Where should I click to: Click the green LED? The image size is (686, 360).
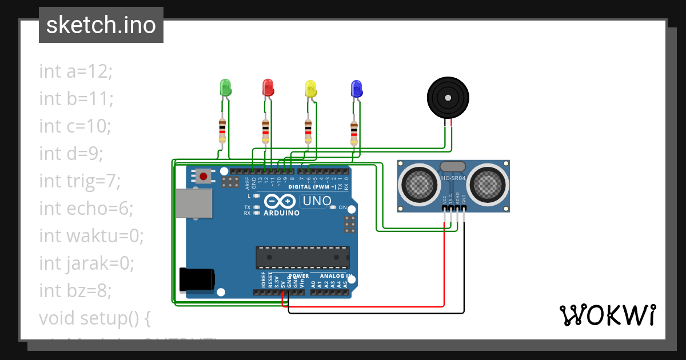tap(225, 87)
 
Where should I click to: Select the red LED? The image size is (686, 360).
tap(268, 87)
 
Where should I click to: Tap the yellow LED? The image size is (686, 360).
tap(310, 88)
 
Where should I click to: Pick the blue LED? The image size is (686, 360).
tap(356, 89)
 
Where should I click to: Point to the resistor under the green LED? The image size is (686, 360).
tap(222, 131)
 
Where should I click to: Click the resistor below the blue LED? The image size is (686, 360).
tap(354, 133)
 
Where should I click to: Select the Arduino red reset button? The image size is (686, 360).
tap(203, 176)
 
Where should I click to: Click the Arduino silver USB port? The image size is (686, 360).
tap(193, 204)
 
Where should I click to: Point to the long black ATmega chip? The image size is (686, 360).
tap(302, 258)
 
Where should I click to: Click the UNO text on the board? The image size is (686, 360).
tap(317, 201)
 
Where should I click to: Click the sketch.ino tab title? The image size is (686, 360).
tap(101, 25)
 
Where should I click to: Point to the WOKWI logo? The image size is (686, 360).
tap(607, 315)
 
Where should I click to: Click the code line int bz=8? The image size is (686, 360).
tap(75, 290)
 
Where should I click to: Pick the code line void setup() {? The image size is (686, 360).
tap(94, 318)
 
